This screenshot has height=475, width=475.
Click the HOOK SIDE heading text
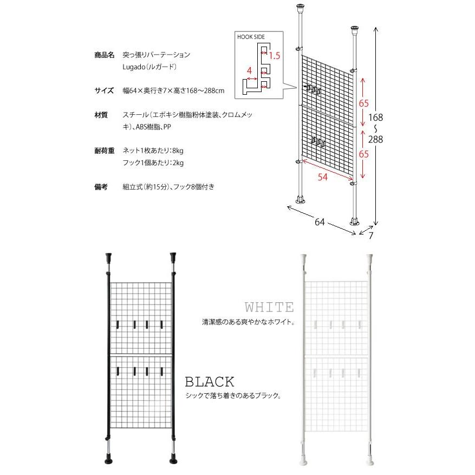[x=250, y=37]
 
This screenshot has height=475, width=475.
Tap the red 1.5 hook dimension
[x=274, y=56]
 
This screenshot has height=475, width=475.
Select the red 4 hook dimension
[x=249, y=70]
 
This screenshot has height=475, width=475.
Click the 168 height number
[x=374, y=118]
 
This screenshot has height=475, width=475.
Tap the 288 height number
[x=374, y=139]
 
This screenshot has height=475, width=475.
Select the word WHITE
[x=269, y=308]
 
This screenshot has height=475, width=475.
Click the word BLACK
[x=210, y=382]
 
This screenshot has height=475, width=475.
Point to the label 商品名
[x=104, y=55]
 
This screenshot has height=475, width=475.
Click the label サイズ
[x=104, y=90]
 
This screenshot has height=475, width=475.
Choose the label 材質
[x=101, y=115]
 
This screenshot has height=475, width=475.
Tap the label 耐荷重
[x=104, y=151]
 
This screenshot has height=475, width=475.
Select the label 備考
[x=101, y=187]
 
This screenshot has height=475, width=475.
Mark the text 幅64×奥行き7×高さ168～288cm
[x=174, y=90]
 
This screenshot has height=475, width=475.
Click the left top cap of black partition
[x=109, y=257]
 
